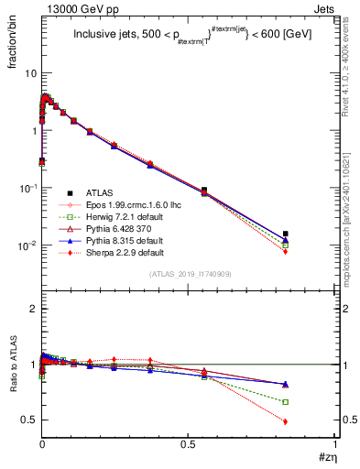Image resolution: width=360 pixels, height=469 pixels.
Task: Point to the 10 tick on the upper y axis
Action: click(x=30, y=72)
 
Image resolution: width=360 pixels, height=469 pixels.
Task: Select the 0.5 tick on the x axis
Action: click(x=188, y=444)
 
